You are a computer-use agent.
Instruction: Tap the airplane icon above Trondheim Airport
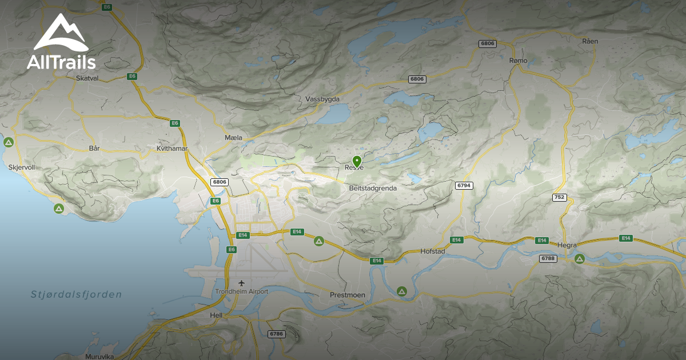pos(242,283)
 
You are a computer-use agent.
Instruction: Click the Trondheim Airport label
pos(242,291)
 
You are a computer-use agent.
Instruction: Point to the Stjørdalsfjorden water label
pos(76,295)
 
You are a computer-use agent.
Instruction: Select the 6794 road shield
pos(464,185)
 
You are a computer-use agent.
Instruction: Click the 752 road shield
pos(559,197)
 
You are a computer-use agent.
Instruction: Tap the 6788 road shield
pos(548,259)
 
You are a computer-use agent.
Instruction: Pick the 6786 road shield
pos(276,334)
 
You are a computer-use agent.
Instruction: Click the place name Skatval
pos(87,78)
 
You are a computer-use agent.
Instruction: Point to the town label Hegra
pos(567,245)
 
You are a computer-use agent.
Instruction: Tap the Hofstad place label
pos(432,251)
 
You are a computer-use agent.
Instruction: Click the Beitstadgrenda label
pos(372,187)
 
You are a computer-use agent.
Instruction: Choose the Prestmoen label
pos(347,295)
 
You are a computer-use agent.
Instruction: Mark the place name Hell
pos(216,315)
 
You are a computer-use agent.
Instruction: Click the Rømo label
pos(517,60)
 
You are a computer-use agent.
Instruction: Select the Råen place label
pos(589,41)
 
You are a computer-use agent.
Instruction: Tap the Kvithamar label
pos(172,149)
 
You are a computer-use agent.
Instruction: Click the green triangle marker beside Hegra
pos(579,259)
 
